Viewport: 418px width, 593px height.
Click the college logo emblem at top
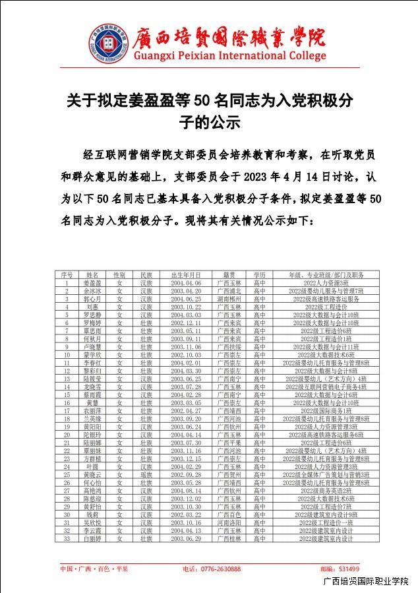(x=107, y=44)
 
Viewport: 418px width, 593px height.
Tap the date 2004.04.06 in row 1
(x=185, y=282)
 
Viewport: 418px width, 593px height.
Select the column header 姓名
(x=92, y=274)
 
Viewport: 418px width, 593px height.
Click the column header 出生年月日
(x=185, y=274)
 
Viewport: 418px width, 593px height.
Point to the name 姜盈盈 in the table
(x=92, y=282)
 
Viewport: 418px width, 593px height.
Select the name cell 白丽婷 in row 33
(x=92, y=538)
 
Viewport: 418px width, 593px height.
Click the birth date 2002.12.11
(x=185, y=323)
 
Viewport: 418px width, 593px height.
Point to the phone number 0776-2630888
(x=220, y=569)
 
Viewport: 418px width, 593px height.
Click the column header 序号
(x=67, y=274)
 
